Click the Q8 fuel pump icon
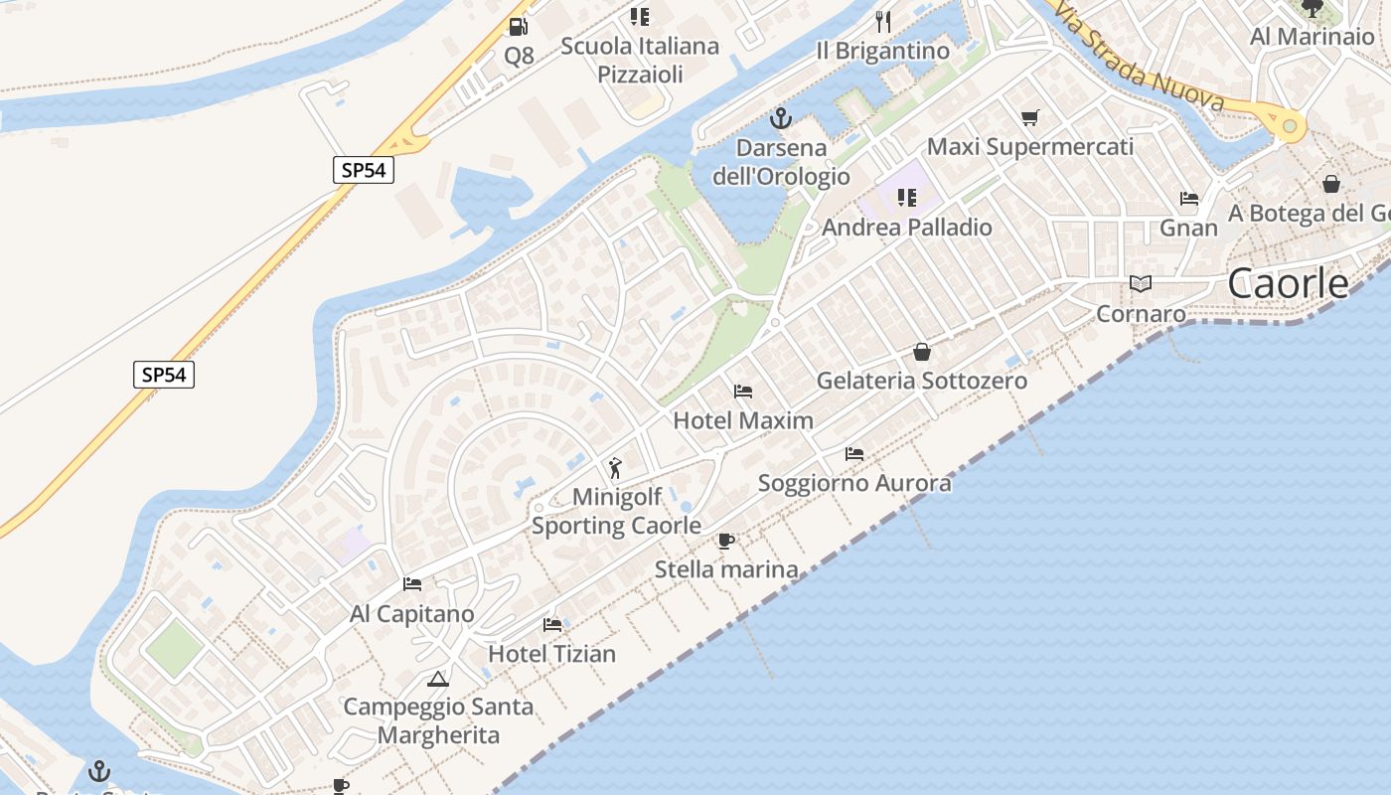tap(518, 27)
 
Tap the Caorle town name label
tap(1288, 283)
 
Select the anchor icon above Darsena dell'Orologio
tap(781, 119)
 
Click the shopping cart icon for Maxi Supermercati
tap(1029, 118)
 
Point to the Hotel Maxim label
tap(743, 420)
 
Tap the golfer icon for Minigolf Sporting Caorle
tap(615, 467)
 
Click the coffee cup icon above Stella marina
tap(726, 542)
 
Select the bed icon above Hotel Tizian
tap(552, 625)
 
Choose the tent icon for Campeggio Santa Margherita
tap(437, 680)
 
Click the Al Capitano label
tap(412, 614)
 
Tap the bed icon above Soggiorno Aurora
tap(853, 454)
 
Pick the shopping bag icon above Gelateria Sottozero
tap(922, 352)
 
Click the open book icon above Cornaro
tap(1141, 284)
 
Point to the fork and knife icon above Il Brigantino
tap(882, 21)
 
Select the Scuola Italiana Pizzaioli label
tap(640, 60)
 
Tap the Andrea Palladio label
tap(907, 228)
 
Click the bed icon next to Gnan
tap(1189, 198)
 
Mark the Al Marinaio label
tap(1312, 37)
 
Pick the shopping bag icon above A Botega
tap(1331, 184)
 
